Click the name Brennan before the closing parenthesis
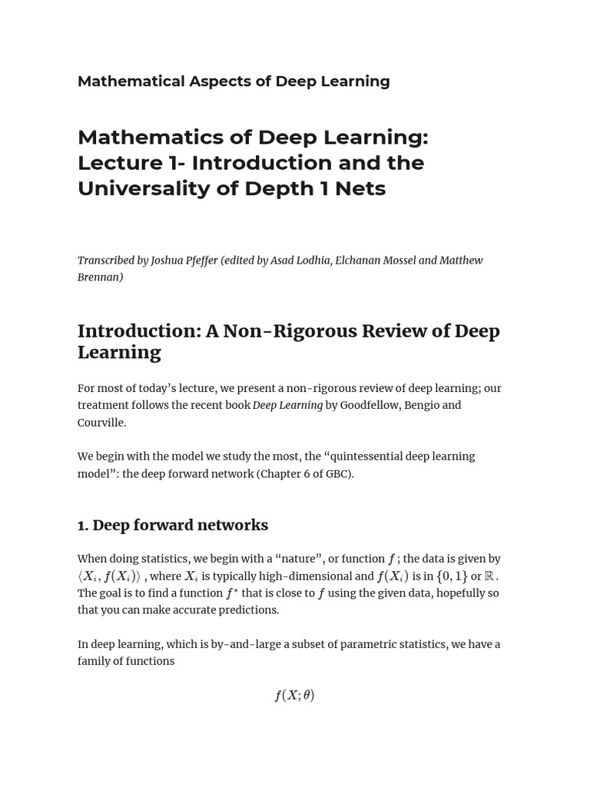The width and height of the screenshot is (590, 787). pyautogui.click(x=98, y=277)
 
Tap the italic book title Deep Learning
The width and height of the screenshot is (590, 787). pyautogui.click(x=287, y=405)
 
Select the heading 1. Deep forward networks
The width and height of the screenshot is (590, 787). pyautogui.click(x=173, y=525)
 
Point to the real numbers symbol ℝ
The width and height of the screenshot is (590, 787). pyautogui.click(x=489, y=576)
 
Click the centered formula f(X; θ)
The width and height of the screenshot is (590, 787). pyautogui.click(x=294, y=696)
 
